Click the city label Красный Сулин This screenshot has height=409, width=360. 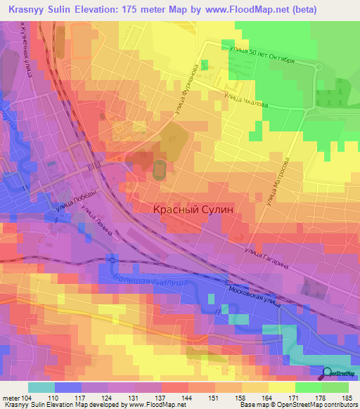[193, 209]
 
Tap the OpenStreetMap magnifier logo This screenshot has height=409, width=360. [328, 373]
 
